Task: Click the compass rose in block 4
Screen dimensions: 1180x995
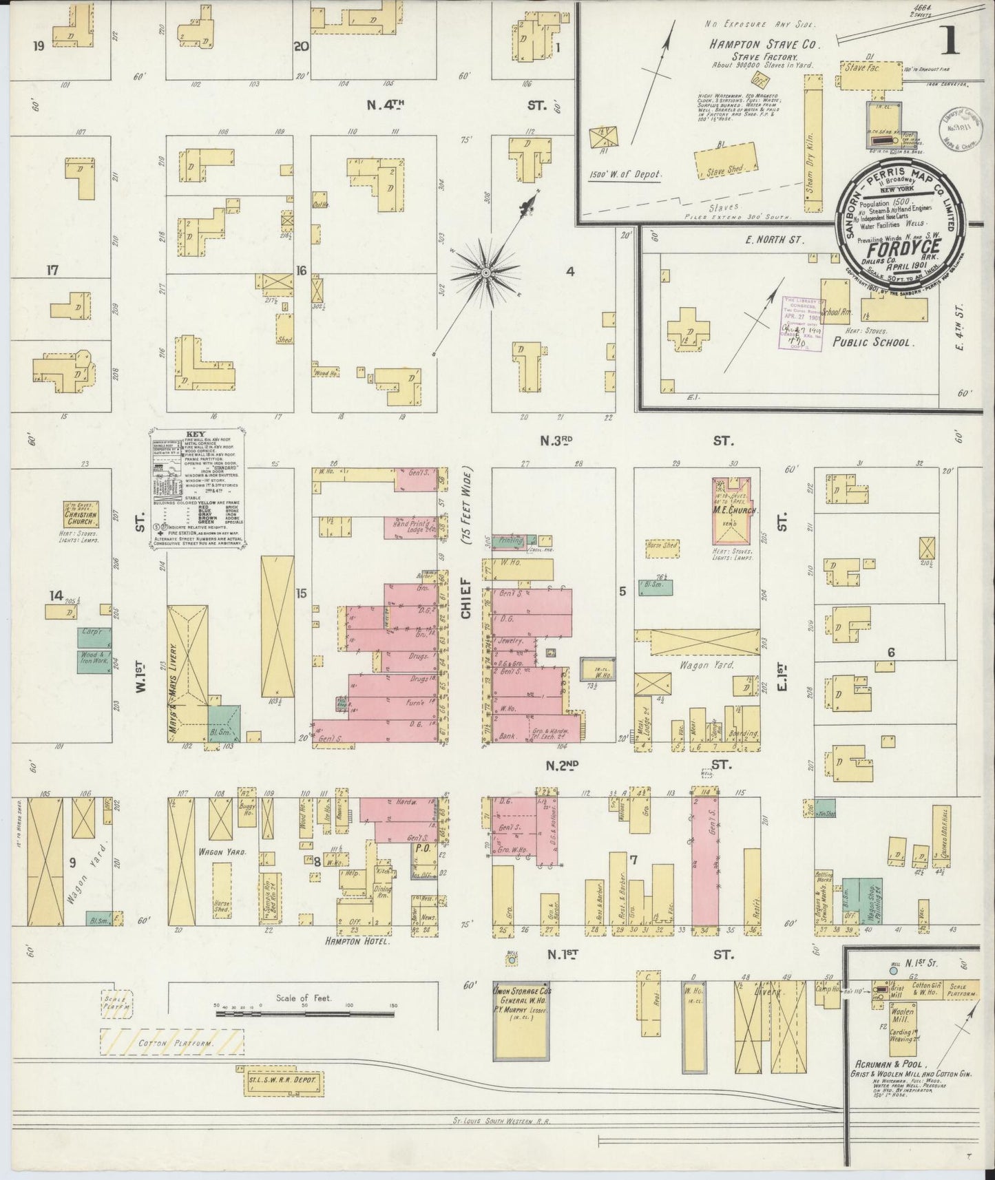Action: pyautogui.click(x=485, y=273)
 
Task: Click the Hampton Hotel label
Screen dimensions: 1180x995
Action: pyautogui.click(x=364, y=942)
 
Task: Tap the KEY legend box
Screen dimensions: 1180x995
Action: pyautogui.click(x=198, y=490)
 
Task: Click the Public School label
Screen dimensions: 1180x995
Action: pyautogui.click(x=872, y=341)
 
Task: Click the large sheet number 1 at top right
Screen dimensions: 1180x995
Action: pyautogui.click(x=950, y=41)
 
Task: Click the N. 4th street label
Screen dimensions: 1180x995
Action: pyautogui.click(x=385, y=105)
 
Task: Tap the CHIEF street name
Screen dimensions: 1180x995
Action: pyautogui.click(x=467, y=599)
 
